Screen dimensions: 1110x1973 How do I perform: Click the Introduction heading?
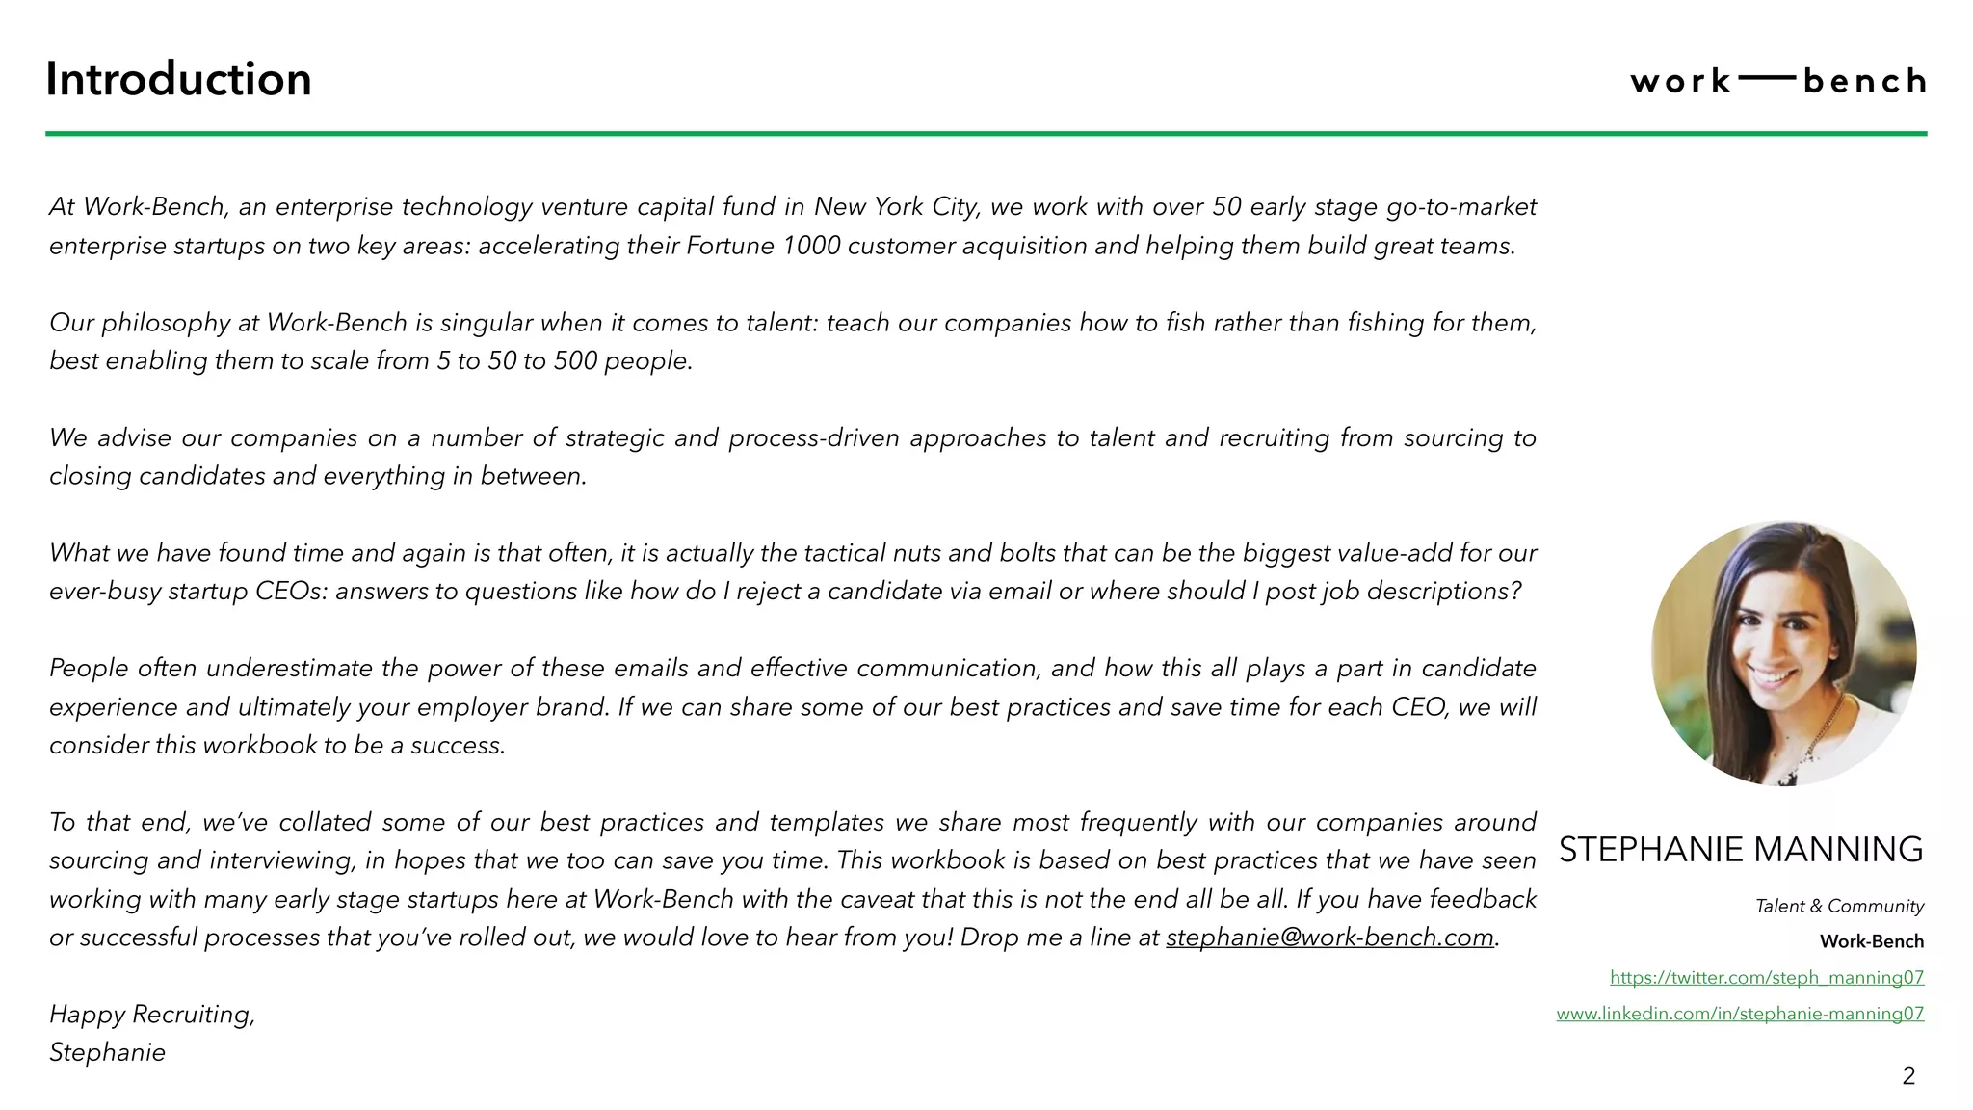point(178,79)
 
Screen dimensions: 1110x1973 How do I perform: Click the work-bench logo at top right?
point(1778,81)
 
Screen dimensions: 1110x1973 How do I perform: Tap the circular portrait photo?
point(1783,653)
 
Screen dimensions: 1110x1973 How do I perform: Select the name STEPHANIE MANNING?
point(1741,850)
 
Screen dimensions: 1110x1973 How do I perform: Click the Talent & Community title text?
point(1839,906)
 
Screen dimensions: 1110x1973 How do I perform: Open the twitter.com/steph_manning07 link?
point(1767,977)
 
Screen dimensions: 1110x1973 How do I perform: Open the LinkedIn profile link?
point(1740,1014)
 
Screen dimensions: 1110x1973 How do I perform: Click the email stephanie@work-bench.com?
point(1329,938)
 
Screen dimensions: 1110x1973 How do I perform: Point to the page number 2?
point(1908,1076)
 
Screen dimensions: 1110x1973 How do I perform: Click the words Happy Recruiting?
point(151,1014)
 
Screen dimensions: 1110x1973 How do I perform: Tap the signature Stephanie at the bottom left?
point(107,1052)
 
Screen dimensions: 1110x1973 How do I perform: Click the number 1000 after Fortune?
point(811,246)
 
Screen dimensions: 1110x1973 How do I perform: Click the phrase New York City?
point(896,207)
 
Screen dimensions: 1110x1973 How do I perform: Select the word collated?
point(325,823)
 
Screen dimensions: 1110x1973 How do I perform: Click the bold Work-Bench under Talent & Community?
point(1871,941)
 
